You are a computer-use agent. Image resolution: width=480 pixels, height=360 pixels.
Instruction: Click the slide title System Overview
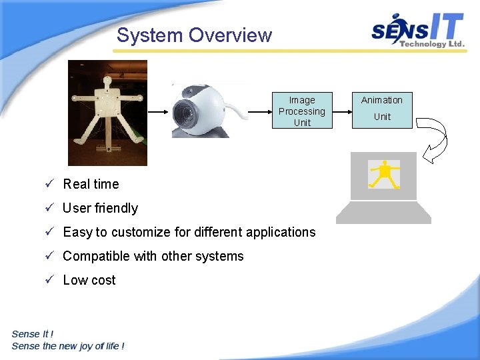click(x=194, y=35)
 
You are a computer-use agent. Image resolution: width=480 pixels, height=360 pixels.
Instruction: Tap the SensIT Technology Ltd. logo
click(x=418, y=31)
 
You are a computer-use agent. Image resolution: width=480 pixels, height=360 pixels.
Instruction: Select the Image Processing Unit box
click(x=302, y=111)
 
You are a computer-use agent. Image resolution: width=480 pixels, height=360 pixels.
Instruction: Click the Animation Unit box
click(x=382, y=109)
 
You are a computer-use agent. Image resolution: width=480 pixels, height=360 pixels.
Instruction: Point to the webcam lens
click(x=184, y=115)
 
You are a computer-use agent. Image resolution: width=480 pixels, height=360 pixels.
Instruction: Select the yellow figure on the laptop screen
click(x=384, y=174)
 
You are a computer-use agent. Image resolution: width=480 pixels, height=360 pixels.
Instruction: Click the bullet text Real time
click(x=91, y=184)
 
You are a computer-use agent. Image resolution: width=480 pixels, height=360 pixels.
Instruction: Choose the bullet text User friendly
click(x=100, y=208)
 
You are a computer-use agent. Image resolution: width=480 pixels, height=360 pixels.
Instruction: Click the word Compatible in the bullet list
click(x=91, y=256)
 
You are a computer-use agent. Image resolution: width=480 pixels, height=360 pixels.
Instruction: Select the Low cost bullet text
click(x=89, y=280)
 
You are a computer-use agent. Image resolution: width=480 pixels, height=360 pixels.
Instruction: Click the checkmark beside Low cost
click(x=49, y=280)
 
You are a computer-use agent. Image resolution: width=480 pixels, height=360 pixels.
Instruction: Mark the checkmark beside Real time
click(x=49, y=184)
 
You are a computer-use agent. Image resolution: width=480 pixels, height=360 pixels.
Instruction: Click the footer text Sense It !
click(x=33, y=334)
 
